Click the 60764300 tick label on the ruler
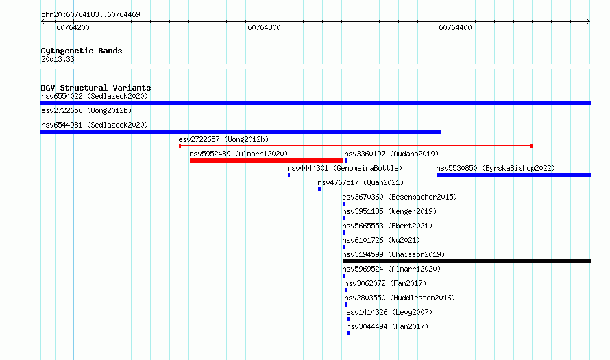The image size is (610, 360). [264, 27]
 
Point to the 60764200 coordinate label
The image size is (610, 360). [73, 27]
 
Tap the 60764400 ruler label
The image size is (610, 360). [455, 27]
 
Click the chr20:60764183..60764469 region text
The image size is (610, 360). [90, 14]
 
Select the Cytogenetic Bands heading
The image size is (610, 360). [82, 51]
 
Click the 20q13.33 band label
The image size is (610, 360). [58, 59]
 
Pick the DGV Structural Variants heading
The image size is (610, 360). [96, 88]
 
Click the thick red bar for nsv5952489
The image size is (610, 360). [267, 160]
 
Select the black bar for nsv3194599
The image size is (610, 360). [467, 261]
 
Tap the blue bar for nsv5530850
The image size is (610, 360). [513, 175]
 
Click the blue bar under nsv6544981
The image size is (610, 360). [241, 132]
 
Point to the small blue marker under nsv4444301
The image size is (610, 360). [289, 175]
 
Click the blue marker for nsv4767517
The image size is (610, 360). [319, 189]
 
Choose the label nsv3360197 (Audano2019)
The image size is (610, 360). [391, 154]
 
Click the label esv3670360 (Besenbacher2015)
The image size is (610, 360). [400, 197]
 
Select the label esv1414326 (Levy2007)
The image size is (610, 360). [389, 312]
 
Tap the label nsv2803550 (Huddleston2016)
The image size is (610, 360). [400, 298]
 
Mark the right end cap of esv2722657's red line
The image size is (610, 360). [531, 146]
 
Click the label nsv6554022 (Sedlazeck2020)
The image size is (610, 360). [95, 96]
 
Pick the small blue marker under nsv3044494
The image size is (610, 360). [348, 333]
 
